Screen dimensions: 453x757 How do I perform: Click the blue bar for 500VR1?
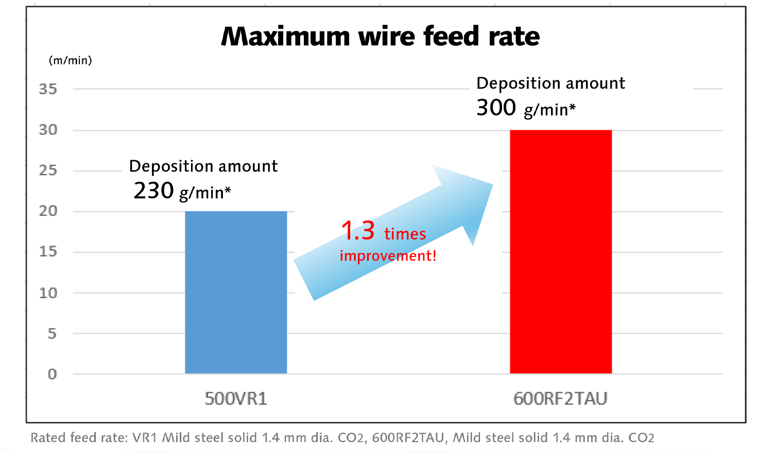coord(236,292)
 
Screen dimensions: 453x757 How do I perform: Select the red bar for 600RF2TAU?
coord(561,252)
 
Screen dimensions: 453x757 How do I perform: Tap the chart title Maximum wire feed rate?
coord(380,37)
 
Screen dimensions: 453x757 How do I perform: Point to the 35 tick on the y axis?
coord(48,89)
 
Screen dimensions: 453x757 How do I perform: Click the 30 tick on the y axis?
coord(48,130)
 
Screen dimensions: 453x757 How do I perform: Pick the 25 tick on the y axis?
coord(48,170)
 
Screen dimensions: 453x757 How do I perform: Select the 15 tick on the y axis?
coord(48,252)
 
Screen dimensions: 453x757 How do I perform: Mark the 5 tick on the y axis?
coord(52,334)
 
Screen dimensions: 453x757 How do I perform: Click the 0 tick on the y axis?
coord(52,374)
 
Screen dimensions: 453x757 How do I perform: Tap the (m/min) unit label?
coord(70,61)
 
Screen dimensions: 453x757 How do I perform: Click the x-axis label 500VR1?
coord(236,399)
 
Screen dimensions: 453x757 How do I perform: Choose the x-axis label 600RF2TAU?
coord(560,399)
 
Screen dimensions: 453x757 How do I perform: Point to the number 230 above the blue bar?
coord(153,191)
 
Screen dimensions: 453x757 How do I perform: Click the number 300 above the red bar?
coord(496,108)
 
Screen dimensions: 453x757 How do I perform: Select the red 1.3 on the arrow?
coord(358,231)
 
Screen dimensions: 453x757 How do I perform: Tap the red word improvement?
coord(388,256)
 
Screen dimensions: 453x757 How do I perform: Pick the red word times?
coord(405,234)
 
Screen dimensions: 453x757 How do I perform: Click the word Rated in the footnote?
coord(48,438)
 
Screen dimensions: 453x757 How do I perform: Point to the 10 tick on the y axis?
coord(48,293)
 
